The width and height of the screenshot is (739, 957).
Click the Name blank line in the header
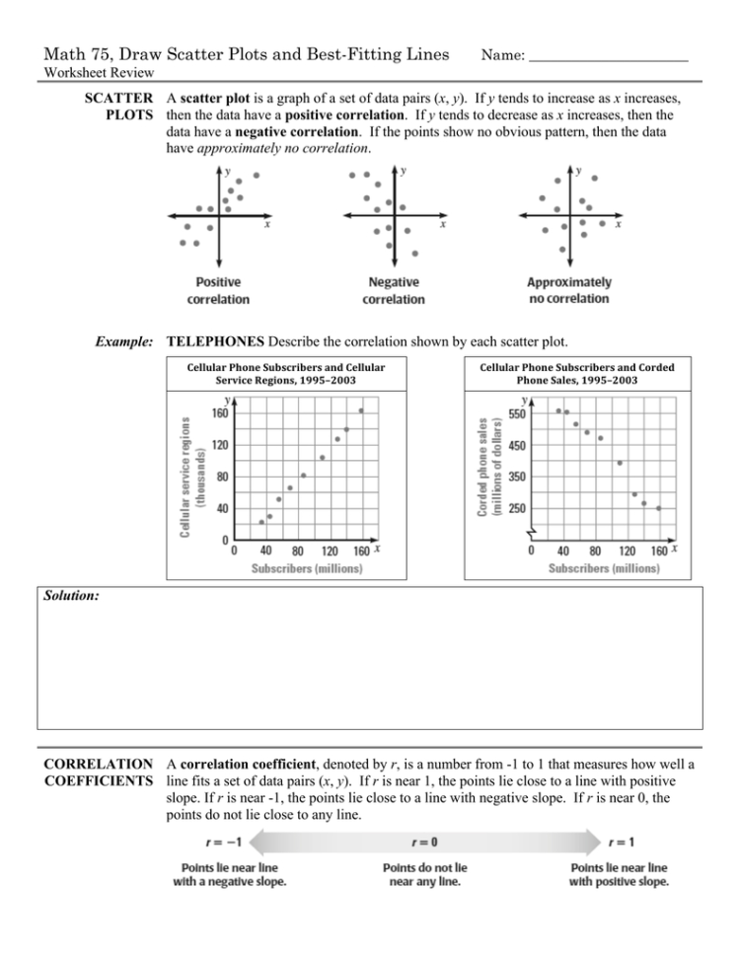pyautogui.click(x=608, y=58)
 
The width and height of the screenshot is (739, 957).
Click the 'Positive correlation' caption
pyautogui.click(x=218, y=290)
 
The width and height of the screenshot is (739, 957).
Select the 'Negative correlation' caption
pyautogui.click(x=394, y=290)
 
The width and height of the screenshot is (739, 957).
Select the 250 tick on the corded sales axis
pyautogui.click(x=517, y=508)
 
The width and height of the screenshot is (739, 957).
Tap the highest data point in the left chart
pyautogui.click(x=362, y=410)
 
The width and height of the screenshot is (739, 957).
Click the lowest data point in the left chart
pyautogui.click(x=261, y=522)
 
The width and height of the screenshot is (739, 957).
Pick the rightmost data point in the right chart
pyautogui.click(x=658, y=508)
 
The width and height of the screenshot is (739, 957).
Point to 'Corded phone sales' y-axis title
pyautogui.click(x=487, y=465)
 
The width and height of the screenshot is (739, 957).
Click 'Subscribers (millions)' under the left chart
pyautogui.click(x=306, y=568)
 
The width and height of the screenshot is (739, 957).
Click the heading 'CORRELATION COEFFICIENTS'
pyautogui.click(x=95, y=772)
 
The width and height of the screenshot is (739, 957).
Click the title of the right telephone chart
pyautogui.click(x=577, y=373)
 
